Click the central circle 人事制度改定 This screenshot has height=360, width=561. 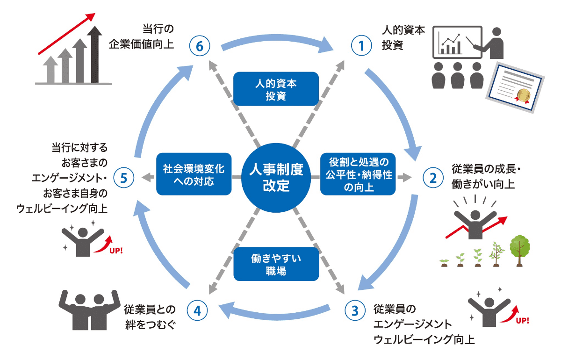276,177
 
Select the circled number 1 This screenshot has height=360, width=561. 360,46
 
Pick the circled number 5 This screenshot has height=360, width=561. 123,177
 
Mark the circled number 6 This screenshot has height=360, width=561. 200,46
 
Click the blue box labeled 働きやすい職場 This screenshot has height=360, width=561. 276,264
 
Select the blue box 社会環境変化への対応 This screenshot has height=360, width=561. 194,174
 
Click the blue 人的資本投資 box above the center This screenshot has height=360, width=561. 276,89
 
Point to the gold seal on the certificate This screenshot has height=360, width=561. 523,96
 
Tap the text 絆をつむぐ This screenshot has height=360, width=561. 149,324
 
